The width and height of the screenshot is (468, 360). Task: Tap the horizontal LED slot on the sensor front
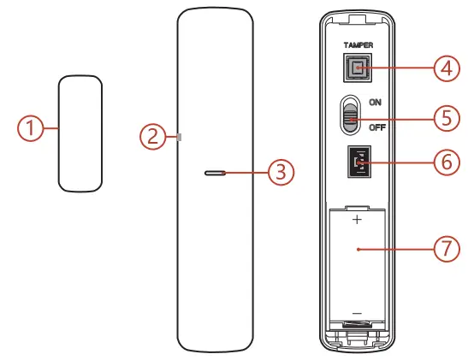pos(215,172)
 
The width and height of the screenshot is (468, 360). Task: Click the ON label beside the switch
pos(375,102)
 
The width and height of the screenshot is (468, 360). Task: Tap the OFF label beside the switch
pos(376,128)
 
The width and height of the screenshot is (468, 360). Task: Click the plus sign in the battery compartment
pos(357,220)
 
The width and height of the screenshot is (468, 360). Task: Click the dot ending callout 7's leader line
pos(358,248)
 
